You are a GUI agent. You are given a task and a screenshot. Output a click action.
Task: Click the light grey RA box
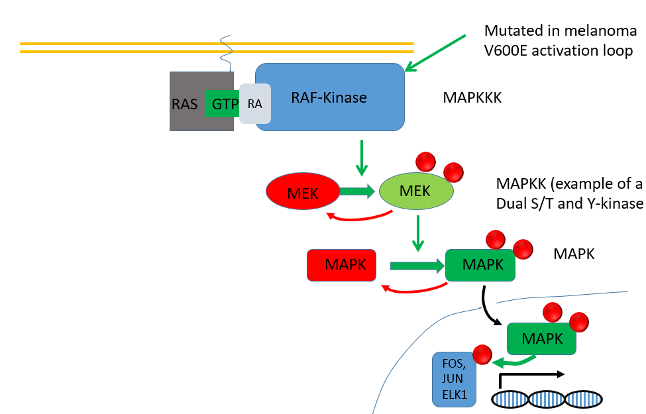point(255,104)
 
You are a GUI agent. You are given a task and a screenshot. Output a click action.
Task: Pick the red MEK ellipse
point(303,192)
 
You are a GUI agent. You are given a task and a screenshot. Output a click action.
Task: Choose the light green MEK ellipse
point(416,192)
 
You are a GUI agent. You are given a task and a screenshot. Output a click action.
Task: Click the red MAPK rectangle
point(341,264)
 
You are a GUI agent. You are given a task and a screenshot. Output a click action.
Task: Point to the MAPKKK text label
point(472,98)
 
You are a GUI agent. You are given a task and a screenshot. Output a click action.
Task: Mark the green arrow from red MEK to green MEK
point(358,192)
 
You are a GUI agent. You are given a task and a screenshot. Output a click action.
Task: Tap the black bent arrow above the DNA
point(530,376)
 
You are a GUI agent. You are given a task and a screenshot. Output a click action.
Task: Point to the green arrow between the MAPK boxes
point(416,266)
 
